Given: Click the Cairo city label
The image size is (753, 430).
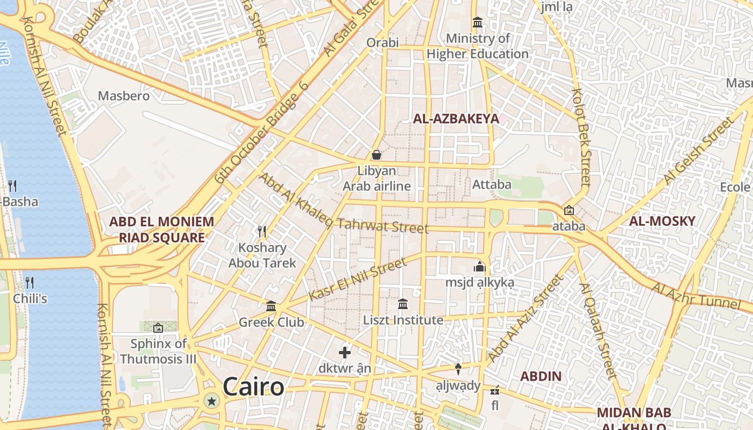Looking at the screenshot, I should [x=253, y=387].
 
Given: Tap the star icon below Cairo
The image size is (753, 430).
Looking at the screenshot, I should [x=212, y=400].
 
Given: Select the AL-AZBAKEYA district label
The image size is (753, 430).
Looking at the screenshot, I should [x=456, y=119].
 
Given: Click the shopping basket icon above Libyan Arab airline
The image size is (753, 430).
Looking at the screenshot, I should [x=376, y=155].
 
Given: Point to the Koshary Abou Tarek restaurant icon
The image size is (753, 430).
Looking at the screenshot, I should [x=262, y=232].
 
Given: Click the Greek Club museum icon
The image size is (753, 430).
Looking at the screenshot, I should [x=271, y=306].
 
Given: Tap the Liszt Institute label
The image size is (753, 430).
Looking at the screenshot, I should [x=403, y=320].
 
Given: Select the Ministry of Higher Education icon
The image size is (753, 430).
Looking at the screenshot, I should [x=477, y=23].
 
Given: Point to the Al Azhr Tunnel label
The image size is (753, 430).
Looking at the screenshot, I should [x=696, y=296].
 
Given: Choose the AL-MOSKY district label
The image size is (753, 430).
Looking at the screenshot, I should [x=662, y=221].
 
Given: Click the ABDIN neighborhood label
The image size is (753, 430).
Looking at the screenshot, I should [x=541, y=376].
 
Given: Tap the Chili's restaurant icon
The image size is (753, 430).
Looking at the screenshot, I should [x=30, y=282].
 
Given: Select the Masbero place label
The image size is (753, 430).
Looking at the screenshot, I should [x=124, y=96].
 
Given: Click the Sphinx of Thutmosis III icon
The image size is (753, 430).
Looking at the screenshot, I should [x=158, y=327].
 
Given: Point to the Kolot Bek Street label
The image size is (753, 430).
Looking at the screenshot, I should [x=582, y=137].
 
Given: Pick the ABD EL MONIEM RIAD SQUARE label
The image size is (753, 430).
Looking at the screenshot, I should [x=161, y=230].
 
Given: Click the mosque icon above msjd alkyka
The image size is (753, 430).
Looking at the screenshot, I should [x=479, y=267].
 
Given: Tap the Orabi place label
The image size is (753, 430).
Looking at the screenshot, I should [x=382, y=42].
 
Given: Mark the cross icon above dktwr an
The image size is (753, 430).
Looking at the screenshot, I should [x=345, y=353].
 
